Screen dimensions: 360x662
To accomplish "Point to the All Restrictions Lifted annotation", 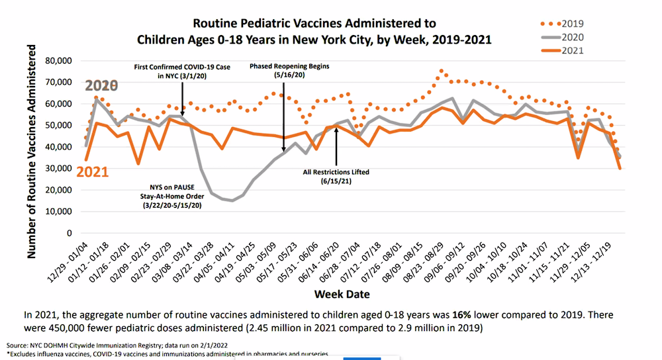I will pos(336,177).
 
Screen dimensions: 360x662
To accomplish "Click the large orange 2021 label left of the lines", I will pos(93,172).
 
